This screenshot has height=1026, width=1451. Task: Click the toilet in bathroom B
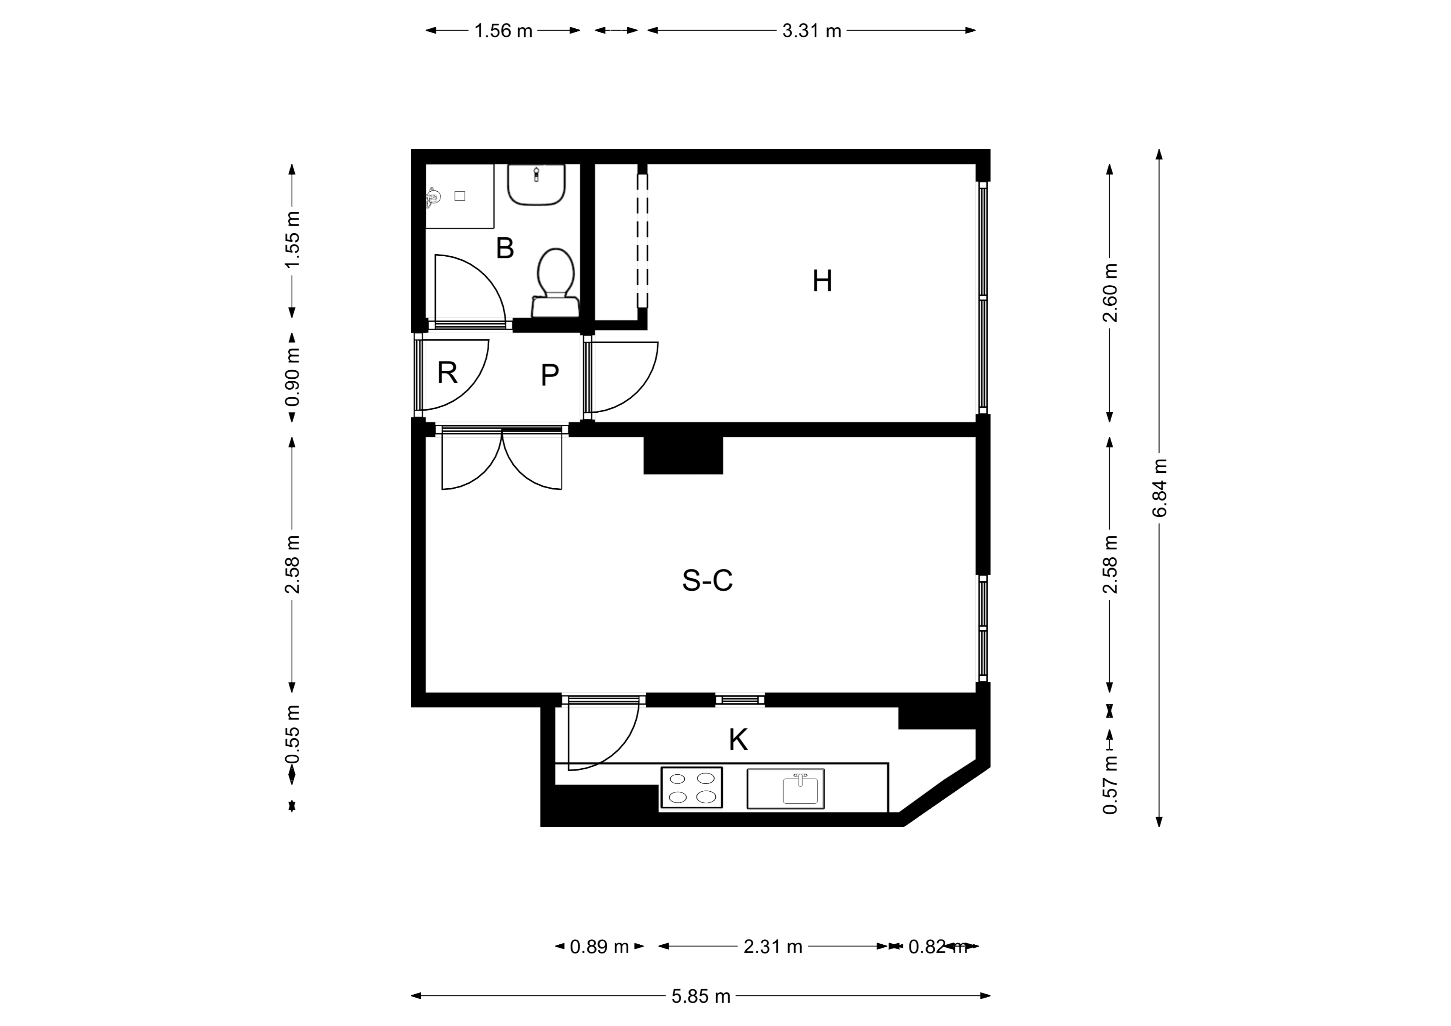tap(555, 282)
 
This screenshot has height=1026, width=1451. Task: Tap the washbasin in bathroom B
tap(537, 184)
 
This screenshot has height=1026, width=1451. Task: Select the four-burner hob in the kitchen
tap(691, 788)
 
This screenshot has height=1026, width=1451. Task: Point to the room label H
tap(822, 281)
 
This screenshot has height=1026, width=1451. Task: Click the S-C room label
tap(707, 580)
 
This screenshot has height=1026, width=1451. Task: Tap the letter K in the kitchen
tap(738, 740)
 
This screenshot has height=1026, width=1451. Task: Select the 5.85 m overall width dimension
tap(701, 996)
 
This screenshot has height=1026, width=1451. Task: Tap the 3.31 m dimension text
tap(812, 30)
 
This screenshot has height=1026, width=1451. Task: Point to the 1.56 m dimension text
tap(504, 30)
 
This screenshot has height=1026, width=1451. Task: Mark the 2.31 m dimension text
tap(773, 946)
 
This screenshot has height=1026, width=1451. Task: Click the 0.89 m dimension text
tap(599, 946)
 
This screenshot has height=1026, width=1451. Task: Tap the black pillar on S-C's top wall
tap(683, 455)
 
